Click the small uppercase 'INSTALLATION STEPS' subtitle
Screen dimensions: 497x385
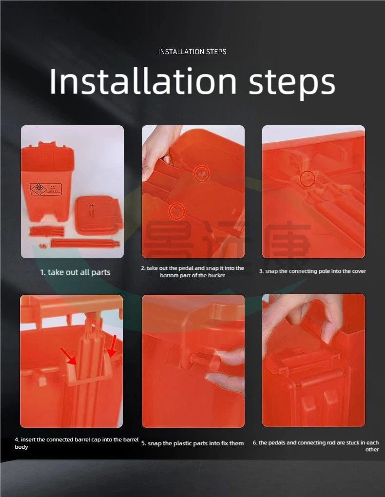click(x=192, y=52)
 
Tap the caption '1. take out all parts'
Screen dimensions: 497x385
click(x=75, y=272)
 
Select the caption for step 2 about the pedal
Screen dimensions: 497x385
click(x=192, y=272)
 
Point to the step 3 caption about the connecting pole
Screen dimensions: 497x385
click(x=312, y=271)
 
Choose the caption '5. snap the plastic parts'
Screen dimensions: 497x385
click(x=192, y=443)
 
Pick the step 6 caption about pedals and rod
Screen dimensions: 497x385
click(x=316, y=446)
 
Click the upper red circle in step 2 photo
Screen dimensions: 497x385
click(x=201, y=172)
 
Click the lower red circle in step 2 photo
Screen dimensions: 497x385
click(x=177, y=210)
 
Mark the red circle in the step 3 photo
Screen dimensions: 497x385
click(x=307, y=179)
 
